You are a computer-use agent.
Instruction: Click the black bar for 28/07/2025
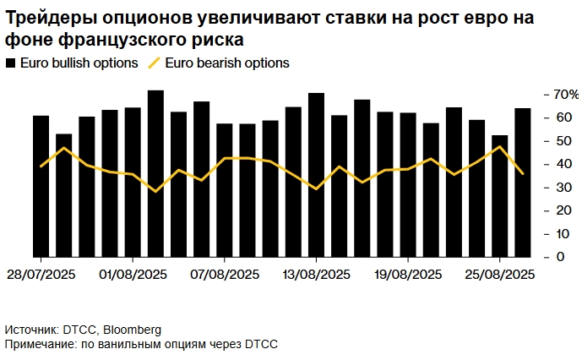41,186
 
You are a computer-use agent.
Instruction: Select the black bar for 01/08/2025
133,182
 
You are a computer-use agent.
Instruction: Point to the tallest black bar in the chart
155,173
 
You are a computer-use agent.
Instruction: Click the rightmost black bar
523,183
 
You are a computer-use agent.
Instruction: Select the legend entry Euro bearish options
227,63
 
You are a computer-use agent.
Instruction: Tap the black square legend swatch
10,63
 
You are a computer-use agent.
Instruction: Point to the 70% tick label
565,94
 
